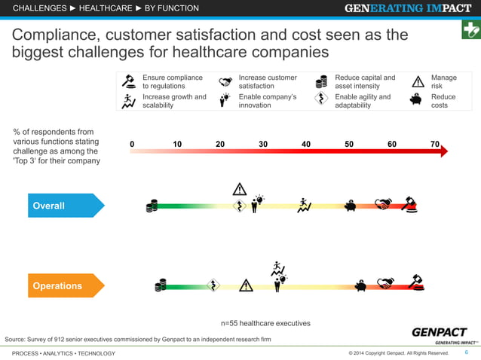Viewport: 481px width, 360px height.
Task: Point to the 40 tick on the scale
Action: pyautogui.click(x=307, y=144)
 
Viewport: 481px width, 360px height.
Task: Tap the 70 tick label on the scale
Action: pyautogui.click(x=435, y=144)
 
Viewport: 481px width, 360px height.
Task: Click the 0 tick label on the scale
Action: pyautogui.click(x=132, y=144)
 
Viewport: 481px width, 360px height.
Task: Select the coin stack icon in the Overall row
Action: pyautogui.click(x=152, y=206)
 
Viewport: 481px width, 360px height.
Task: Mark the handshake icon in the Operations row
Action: pyautogui.click(x=386, y=284)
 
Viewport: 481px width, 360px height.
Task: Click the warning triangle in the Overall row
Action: pyautogui.click(x=240, y=188)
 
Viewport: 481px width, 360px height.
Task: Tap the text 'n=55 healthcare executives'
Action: pyautogui.click(x=265, y=323)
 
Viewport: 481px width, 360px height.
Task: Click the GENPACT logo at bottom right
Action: pyautogui.click(x=438, y=334)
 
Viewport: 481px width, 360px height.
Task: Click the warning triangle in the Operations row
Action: pyautogui.click(x=246, y=285)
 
